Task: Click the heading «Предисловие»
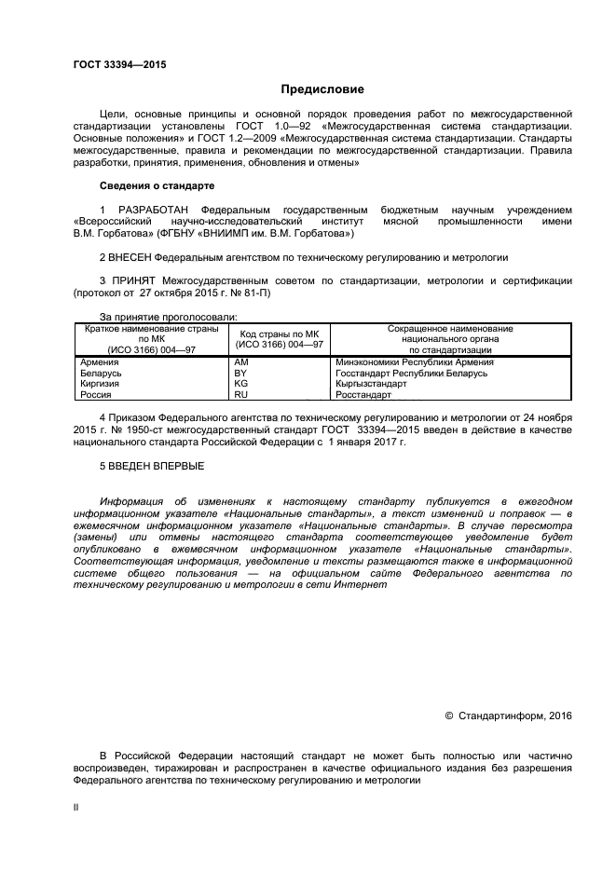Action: (x=322, y=89)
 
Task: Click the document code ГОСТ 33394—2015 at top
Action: (x=119, y=64)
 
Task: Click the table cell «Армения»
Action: (x=99, y=361)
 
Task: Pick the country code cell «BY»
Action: (x=240, y=373)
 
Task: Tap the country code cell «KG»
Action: (x=240, y=383)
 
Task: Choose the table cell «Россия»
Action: (x=96, y=395)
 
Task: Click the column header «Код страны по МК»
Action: (x=280, y=334)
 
